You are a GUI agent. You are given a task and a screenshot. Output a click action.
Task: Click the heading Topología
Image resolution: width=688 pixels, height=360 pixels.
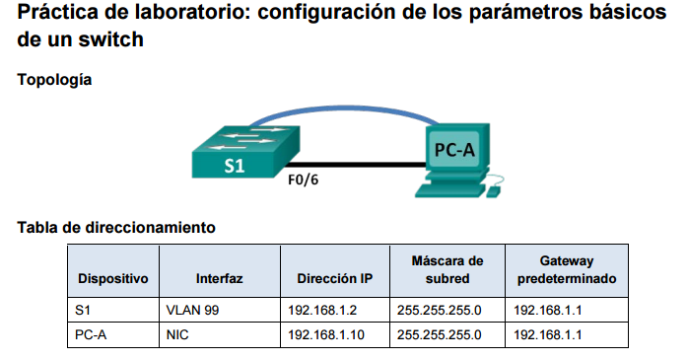coord(55,80)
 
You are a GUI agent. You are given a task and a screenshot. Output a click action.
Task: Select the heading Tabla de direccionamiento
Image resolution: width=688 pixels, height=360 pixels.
coord(116,228)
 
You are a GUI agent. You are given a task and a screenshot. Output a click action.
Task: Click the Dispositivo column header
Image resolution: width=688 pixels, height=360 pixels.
coord(112,279)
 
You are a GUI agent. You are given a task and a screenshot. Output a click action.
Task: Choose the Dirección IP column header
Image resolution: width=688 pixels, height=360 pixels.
coord(335,279)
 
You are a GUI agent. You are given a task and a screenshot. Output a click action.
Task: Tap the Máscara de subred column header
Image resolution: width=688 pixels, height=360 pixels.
coord(447,269)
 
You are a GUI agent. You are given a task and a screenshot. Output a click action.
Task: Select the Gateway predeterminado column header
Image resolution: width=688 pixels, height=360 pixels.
coord(566,269)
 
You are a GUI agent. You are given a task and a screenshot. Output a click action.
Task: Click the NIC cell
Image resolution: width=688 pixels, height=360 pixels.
coord(178,334)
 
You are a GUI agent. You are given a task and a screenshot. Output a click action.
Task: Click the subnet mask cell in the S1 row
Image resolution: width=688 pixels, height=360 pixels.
coord(439,310)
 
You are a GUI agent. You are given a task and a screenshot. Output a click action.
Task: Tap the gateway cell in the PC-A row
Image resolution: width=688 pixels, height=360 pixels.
coord(548,334)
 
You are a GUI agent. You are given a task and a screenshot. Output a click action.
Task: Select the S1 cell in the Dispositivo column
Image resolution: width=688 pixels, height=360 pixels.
coord(83,310)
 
